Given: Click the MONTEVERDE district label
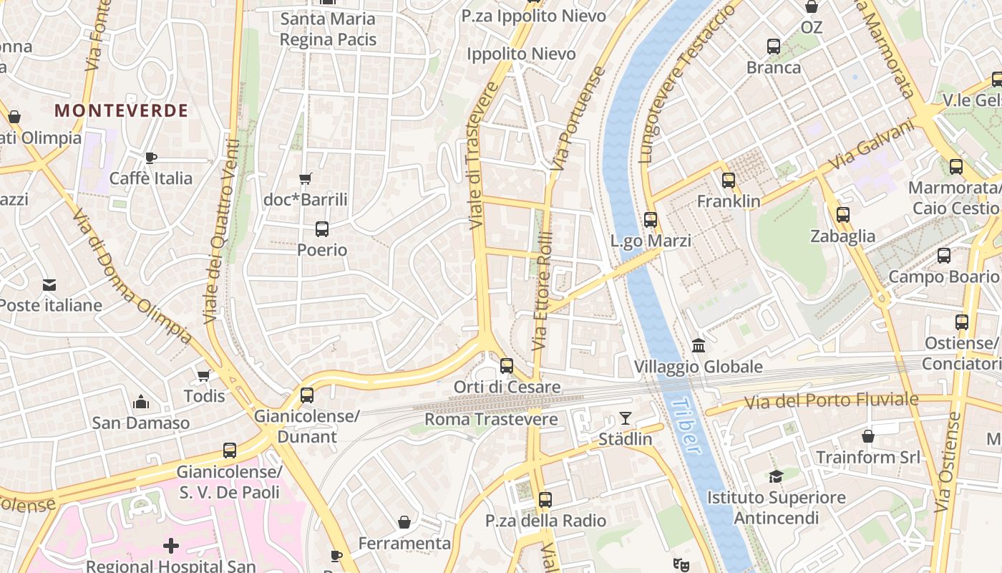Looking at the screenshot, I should tap(121, 110).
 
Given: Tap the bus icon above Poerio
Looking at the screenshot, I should tap(322, 229).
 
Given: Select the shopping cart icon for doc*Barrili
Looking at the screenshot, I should tap(306, 178).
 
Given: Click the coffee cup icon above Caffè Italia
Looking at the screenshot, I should tap(150, 158).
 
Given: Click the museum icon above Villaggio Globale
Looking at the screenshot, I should tap(699, 346).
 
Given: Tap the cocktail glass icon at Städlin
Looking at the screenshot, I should tap(626, 418).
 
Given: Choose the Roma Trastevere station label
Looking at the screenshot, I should tap(491, 419).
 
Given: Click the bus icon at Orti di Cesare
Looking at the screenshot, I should tap(507, 366).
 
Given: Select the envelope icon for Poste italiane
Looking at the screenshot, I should tap(49, 285).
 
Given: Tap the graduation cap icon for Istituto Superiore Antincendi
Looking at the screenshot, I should tap(776, 476).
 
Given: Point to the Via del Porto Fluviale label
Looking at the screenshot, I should tap(831, 400).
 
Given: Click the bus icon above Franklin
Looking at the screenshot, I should tap(729, 180).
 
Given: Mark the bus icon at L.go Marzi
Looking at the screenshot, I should tap(651, 220).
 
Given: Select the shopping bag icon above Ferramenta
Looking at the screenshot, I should tap(404, 522).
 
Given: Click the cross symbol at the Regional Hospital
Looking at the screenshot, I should tap(170, 546).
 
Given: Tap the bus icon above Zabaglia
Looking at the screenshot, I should tap(843, 215).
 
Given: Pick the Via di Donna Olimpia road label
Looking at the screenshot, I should tap(132, 275).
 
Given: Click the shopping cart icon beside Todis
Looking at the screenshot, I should tap(204, 375).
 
